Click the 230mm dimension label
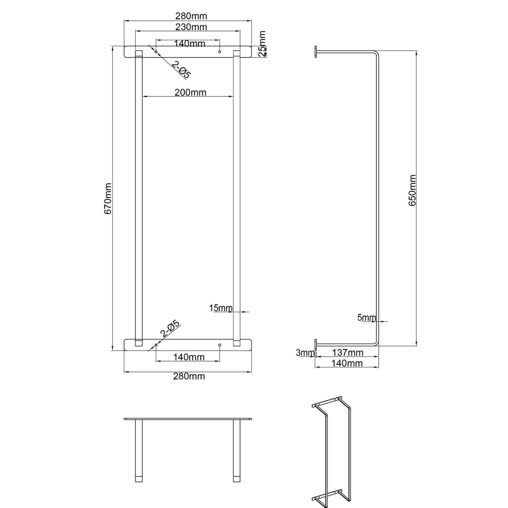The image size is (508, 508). point(191,27)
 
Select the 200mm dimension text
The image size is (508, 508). point(190,92)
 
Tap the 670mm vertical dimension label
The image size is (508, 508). point(107,199)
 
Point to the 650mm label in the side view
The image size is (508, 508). point(412,190)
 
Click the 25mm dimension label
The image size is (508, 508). point(262,43)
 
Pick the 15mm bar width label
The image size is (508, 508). point(221,308)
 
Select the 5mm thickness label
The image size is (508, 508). point(366,317)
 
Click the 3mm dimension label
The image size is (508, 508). point(301,353)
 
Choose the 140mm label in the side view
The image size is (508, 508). point(347,363)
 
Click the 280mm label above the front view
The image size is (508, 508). point(191,16)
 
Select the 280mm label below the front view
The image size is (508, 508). point(189,376)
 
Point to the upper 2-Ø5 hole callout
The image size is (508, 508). point(181,69)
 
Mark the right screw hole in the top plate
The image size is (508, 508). point(220,52)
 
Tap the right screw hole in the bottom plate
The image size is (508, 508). point(220,345)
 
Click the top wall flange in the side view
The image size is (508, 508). point(316,52)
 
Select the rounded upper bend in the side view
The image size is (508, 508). point(376,54)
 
